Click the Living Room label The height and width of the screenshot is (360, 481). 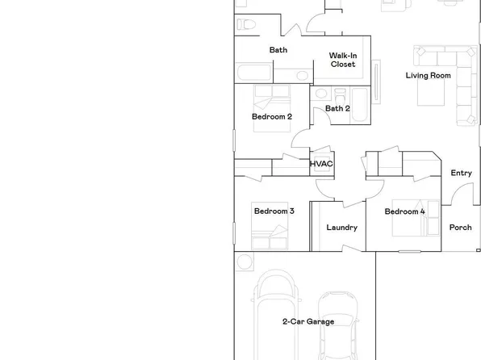coord(428,76)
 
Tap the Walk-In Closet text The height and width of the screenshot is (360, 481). coord(343,60)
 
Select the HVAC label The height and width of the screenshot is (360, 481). coord(322,164)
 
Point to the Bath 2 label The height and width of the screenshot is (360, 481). coord(337,108)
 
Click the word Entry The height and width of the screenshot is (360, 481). coord(461,173)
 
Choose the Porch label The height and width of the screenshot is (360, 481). coord(460,227)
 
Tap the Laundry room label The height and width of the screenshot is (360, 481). coord(341,227)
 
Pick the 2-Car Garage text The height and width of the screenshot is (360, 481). coord(307,321)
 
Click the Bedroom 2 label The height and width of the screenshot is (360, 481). coord(271,116)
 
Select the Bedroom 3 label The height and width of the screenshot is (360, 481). coord(274,211)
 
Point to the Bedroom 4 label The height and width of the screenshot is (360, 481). coord(404,211)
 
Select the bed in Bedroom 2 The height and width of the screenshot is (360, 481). coord(270,97)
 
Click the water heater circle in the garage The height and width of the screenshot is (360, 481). coord(244,262)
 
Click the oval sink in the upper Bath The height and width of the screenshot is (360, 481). coord(301,75)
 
